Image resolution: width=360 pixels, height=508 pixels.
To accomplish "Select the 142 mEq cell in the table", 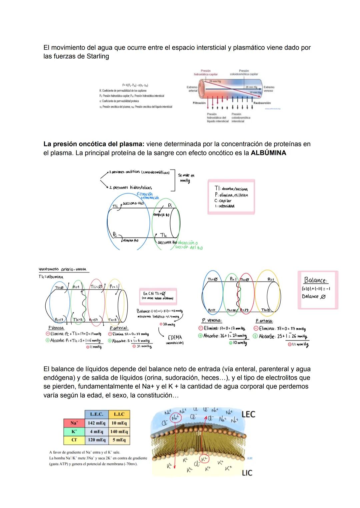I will click(x=96, y=423).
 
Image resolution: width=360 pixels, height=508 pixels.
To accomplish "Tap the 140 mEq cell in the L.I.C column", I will click(x=119, y=431).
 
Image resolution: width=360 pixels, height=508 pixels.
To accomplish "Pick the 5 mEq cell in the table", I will click(x=119, y=440).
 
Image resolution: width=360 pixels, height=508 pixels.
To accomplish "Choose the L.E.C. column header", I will click(x=96, y=414).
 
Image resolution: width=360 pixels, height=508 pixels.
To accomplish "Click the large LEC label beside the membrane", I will click(x=248, y=414).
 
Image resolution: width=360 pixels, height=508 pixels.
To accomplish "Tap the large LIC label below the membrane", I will click(x=247, y=472).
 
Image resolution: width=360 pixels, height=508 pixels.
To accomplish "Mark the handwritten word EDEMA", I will click(x=175, y=337).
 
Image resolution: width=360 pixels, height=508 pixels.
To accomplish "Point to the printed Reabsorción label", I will click(x=262, y=103).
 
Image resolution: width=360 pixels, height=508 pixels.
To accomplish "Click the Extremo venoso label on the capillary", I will click(x=269, y=89).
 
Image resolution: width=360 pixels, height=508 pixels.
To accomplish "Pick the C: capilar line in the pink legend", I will click(x=223, y=201).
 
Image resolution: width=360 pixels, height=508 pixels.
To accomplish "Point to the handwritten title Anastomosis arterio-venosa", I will click(x=63, y=269).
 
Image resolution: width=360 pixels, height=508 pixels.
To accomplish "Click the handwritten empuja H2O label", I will click(x=161, y=215).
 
